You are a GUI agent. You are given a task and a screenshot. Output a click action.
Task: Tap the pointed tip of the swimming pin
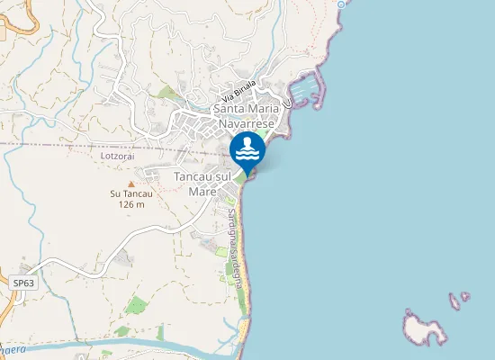(x=247, y=172)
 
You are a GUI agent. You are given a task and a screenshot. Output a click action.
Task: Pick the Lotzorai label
(x=118, y=156)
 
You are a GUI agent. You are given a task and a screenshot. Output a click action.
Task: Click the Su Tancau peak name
(x=130, y=193)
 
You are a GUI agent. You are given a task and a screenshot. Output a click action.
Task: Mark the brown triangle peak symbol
(x=130, y=184)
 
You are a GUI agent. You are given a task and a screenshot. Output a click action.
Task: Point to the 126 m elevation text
(x=131, y=204)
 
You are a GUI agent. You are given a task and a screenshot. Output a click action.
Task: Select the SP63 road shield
(x=23, y=283)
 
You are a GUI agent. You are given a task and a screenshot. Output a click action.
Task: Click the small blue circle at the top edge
(x=342, y=4)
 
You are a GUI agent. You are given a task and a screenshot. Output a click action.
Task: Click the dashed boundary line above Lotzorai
(x=72, y=145)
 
